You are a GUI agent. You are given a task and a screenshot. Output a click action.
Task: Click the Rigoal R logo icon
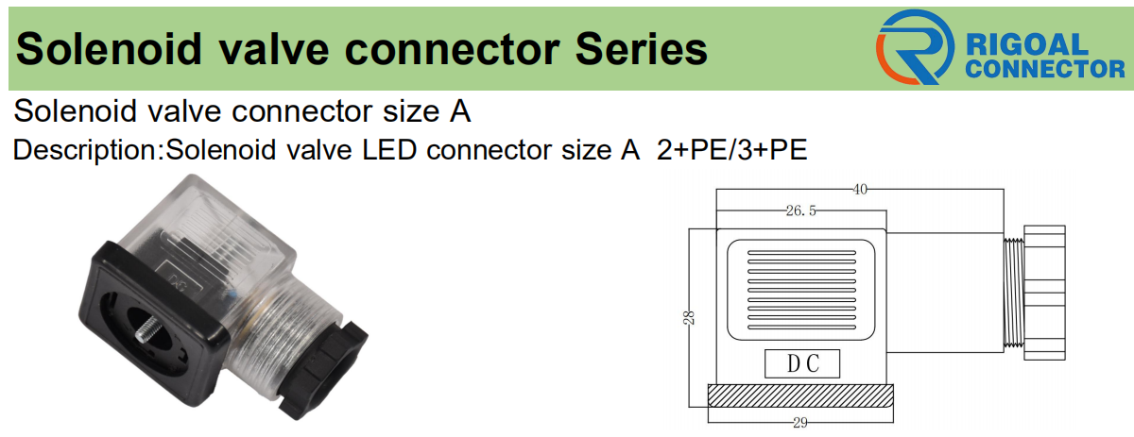click(912, 46)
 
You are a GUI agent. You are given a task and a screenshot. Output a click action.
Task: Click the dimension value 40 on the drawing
click(860, 190)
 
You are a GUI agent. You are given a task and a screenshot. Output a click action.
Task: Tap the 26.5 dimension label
click(799, 211)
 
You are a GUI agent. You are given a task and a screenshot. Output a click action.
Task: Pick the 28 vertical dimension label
click(690, 319)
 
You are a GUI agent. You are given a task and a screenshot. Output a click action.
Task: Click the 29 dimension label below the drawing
click(800, 423)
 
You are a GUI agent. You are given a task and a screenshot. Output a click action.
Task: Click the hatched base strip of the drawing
click(800, 394)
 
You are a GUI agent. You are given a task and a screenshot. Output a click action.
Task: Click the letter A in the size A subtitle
click(459, 111)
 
